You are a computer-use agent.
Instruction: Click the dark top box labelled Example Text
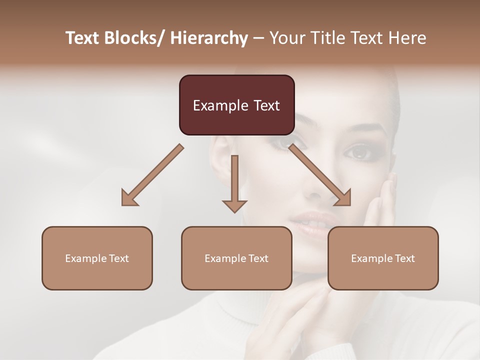pos(236,105)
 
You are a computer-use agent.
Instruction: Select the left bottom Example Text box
pos(97,258)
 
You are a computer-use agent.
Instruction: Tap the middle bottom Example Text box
pos(236,258)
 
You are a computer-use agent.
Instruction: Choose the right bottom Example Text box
pos(383,258)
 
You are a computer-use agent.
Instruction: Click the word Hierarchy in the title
pos(209,38)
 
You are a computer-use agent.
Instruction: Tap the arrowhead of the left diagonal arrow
pos(129,198)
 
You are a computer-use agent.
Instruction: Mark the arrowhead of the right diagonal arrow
pos(343,197)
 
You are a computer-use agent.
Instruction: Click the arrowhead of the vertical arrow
pos(234,205)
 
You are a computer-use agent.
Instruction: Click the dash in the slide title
pos(258,38)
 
